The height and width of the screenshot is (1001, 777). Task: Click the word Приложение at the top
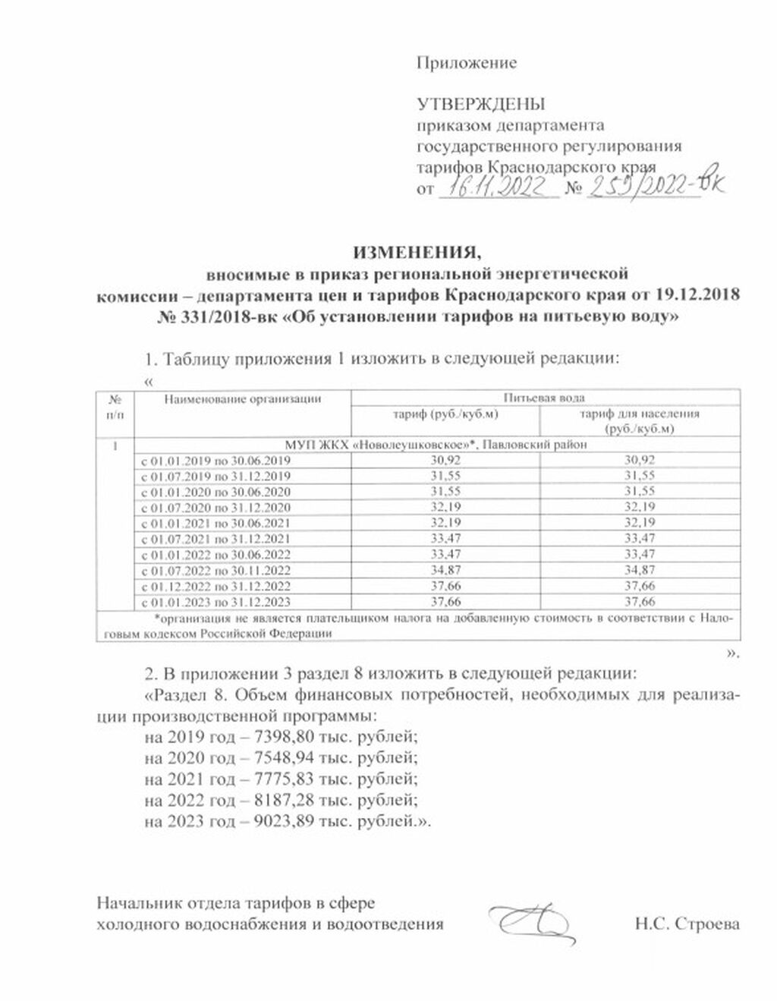pos(466,63)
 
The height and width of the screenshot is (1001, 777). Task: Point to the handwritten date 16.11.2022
pos(496,186)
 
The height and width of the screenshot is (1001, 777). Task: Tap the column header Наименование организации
pos(242,398)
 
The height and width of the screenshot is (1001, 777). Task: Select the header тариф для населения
pos(639,414)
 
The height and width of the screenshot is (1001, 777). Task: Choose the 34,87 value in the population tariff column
pos(639,572)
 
